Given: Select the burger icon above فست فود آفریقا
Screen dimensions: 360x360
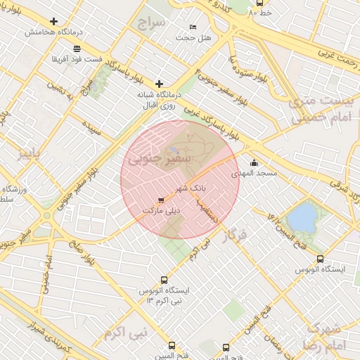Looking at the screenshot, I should click(x=76, y=48).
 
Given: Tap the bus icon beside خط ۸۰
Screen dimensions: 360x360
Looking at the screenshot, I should click(x=259, y=3).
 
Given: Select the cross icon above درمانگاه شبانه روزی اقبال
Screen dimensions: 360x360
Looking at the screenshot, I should click(x=159, y=84).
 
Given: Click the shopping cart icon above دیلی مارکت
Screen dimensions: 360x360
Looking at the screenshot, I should click(x=162, y=200).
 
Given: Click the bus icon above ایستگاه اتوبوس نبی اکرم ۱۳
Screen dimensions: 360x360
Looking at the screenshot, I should click(x=164, y=280).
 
